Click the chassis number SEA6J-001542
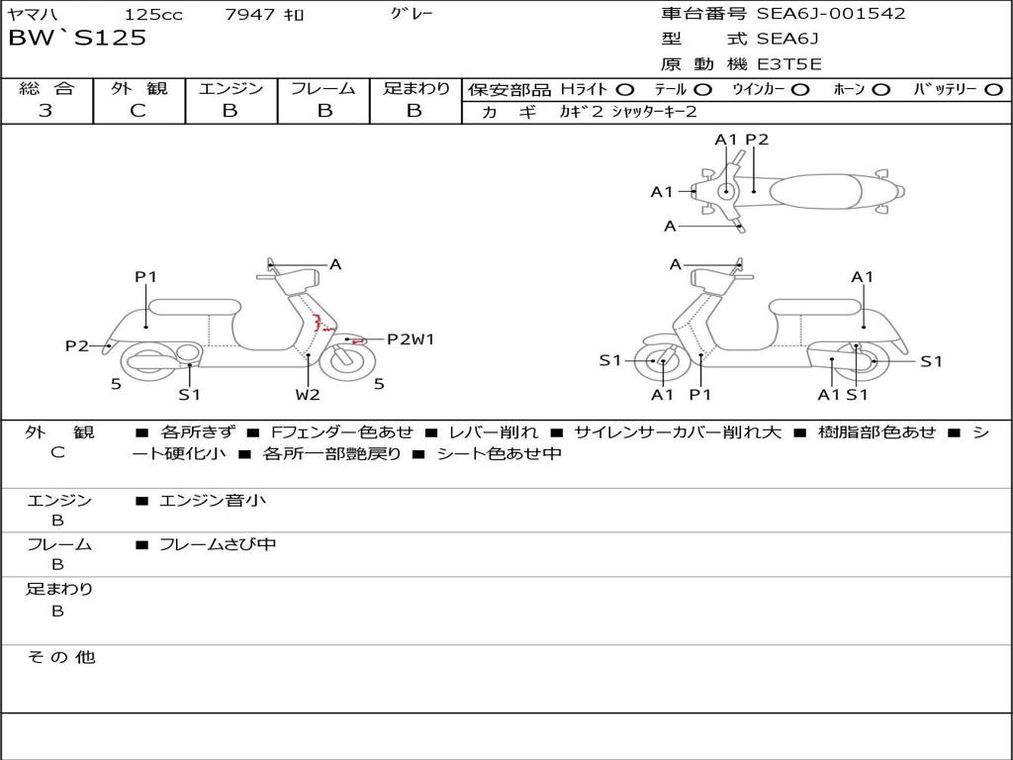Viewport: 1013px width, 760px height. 831,14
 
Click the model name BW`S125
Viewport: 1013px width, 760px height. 77,38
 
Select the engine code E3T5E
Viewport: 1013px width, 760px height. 789,64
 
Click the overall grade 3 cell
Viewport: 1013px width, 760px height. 46,111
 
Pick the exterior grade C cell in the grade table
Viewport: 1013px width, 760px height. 138,111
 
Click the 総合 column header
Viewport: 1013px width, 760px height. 46,88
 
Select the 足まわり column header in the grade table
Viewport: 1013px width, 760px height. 415,88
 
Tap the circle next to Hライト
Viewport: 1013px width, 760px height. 625,89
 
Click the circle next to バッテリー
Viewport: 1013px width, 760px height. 993,89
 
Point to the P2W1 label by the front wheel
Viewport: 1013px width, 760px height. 410,339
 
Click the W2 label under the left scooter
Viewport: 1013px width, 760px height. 308,395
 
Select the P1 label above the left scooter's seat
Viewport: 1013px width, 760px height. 146,277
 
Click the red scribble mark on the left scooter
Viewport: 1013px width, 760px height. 321,323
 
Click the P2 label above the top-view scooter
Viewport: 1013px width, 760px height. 757,140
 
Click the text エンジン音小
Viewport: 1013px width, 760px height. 213,501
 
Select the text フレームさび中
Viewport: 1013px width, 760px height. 218,544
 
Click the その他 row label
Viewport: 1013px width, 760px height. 60,657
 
